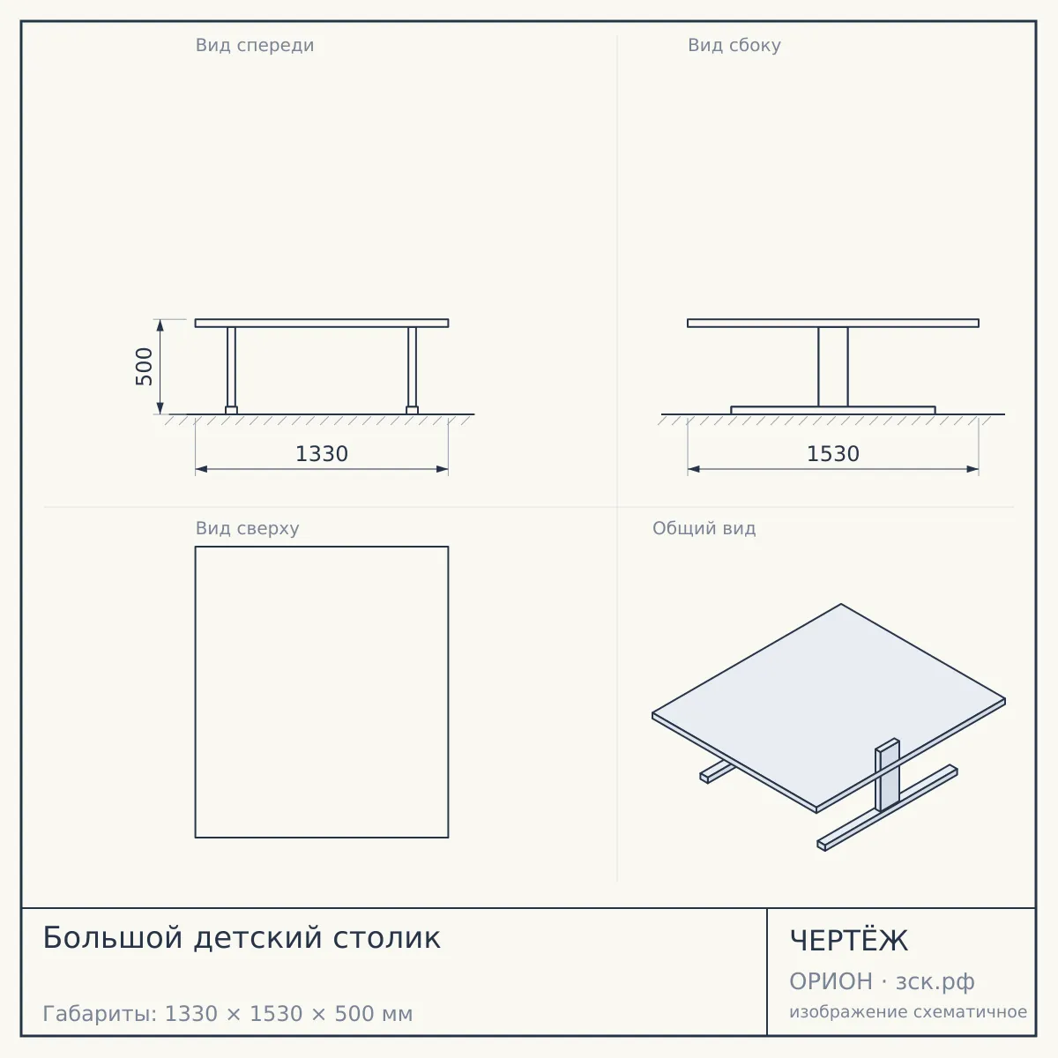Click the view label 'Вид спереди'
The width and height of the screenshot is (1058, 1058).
point(255,46)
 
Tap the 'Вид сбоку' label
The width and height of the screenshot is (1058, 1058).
point(734,46)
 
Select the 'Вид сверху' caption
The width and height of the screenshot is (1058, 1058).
point(247,528)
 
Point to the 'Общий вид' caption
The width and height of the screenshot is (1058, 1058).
point(704,528)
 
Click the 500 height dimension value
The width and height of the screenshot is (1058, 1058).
point(144,366)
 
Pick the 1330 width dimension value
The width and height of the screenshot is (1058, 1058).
point(322,454)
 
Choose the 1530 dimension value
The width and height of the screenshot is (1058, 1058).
point(833,454)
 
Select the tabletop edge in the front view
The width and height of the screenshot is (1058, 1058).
point(322,324)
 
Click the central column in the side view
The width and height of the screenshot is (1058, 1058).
point(833,367)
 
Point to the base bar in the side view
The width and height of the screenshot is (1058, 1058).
point(833,411)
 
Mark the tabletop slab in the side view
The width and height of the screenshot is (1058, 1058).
point(833,324)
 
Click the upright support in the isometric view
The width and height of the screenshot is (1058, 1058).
point(887,775)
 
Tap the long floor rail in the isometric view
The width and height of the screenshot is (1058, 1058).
point(887,808)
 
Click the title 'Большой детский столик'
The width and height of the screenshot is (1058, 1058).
point(242,937)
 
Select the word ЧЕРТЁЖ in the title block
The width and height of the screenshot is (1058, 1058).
point(849,940)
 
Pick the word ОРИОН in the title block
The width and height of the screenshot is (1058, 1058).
point(831,981)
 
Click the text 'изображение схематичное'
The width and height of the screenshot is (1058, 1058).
point(908,1011)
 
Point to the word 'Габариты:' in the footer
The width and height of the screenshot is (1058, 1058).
point(100,1014)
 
